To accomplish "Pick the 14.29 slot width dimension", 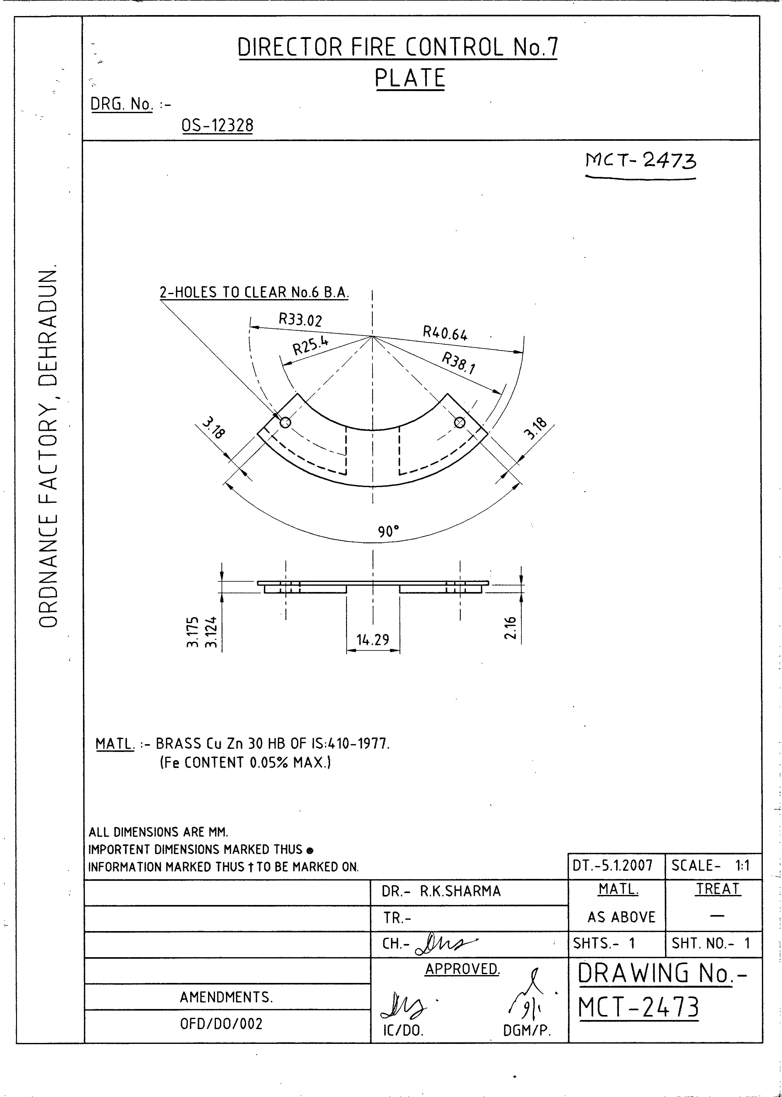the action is (x=373, y=640).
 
